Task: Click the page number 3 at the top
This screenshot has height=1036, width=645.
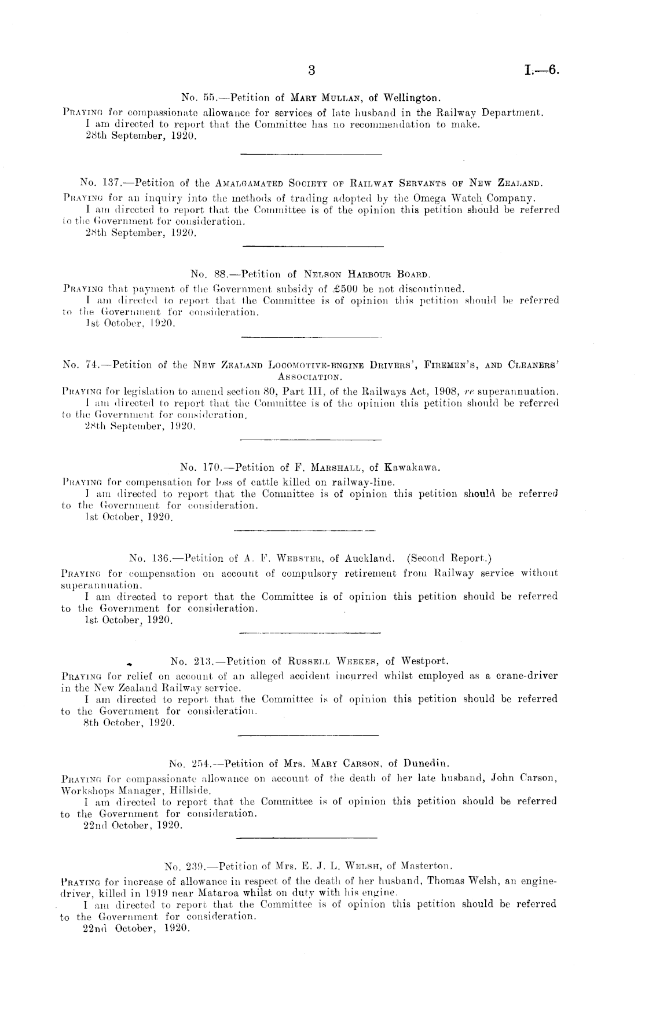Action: coord(311,71)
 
